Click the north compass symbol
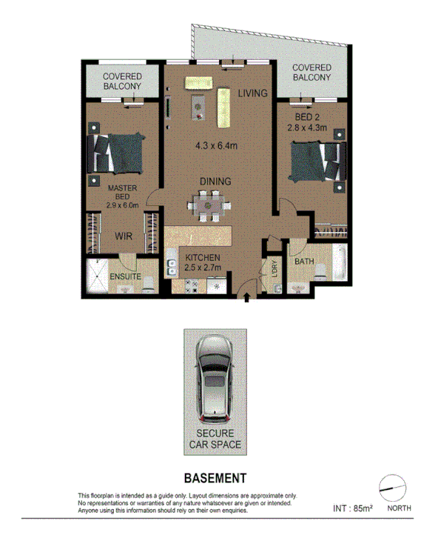coord(392,488)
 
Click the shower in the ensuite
coord(98,275)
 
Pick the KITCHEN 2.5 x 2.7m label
coord(199,262)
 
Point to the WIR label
coord(123,236)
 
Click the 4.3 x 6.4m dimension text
coord(215,146)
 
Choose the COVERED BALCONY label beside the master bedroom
coord(122,82)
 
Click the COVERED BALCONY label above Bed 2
coord(311,73)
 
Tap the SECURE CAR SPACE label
coord(215,439)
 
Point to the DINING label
coord(215,181)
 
